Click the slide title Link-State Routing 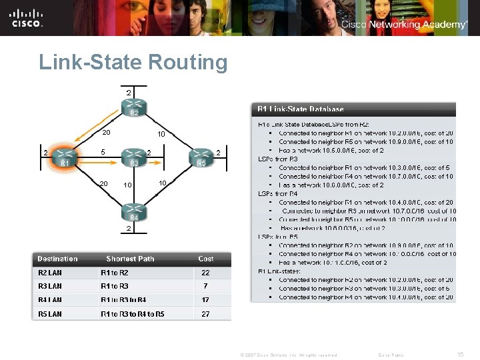[x=133, y=63]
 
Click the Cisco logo [x=27, y=18]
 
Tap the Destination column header [x=57, y=259]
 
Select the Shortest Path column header [x=130, y=259]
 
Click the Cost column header [x=206, y=259]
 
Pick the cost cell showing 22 [x=206, y=273]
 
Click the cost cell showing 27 [x=206, y=314]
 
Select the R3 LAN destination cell [x=50, y=286]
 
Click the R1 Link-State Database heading [x=301, y=109]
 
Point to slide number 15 [x=460, y=355]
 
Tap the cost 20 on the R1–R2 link [x=106, y=132]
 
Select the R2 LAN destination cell [x=50, y=273]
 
